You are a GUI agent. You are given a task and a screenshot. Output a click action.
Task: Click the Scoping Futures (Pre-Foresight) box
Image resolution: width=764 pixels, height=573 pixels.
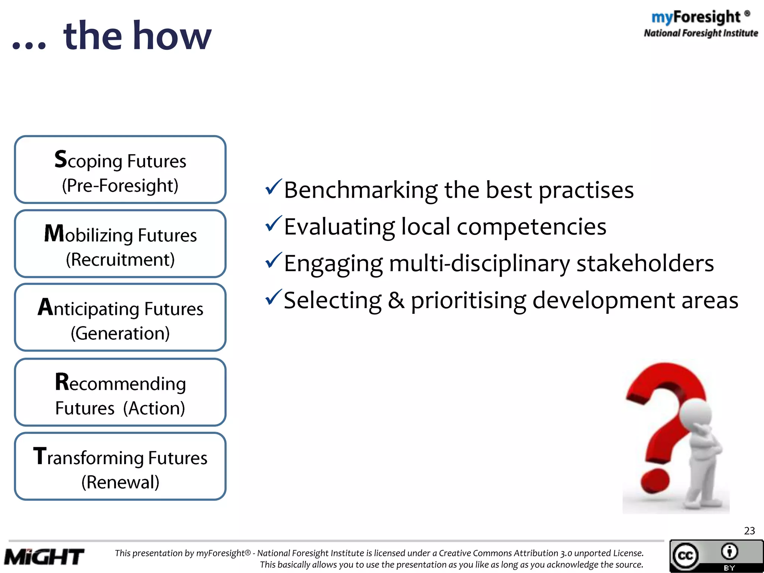pyautogui.click(x=120, y=170)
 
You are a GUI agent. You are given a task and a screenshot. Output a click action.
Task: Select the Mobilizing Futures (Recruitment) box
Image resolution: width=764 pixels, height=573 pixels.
pyautogui.click(x=120, y=244)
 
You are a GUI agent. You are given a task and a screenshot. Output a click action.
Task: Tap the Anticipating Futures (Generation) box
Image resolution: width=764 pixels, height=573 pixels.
pyautogui.click(x=120, y=317)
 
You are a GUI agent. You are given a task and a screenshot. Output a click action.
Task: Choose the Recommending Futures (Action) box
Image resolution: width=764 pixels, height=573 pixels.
pyautogui.click(x=120, y=392)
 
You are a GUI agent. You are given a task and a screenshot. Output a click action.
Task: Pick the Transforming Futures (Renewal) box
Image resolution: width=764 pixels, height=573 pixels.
pyautogui.click(x=120, y=466)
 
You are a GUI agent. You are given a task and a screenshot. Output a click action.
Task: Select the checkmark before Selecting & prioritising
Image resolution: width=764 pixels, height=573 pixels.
pyautogui.click(x=273, y=297)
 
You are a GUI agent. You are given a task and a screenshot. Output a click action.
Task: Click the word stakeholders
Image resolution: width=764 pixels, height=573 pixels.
pyautogui.click(x=645, y=263)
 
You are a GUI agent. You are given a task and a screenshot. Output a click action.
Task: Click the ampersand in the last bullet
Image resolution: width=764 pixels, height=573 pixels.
pyautogui.click(x=396, y=300)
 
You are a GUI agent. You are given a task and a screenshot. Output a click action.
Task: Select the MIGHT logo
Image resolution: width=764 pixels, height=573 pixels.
pyautogui.click(x=44, y=557)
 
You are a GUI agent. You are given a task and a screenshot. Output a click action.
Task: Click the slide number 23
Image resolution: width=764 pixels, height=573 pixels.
pyautogui.click(x=749, y=530)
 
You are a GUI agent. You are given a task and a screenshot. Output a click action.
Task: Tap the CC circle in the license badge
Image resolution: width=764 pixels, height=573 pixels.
pyautogui.click(x=685, y=556)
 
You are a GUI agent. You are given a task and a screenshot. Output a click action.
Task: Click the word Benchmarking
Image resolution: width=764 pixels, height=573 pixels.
pyautogui.click(x=360, y=190)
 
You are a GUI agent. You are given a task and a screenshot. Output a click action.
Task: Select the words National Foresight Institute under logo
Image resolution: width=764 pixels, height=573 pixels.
pyautogui.click(x=701, y=33)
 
